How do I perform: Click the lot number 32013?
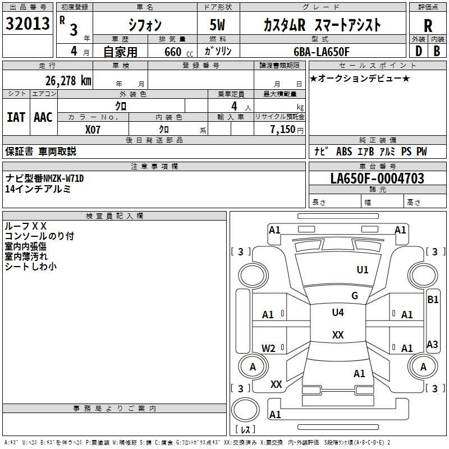click(x=28, y=24)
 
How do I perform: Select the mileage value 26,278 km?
click(x=68, y=81)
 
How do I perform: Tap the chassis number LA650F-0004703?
click(x=377, y=178)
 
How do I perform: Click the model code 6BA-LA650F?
click(x=322, y=52)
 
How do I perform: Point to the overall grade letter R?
click(x=428, y=26)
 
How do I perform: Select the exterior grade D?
click(x=419, y=51)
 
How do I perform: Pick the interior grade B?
click(x=437, y=51)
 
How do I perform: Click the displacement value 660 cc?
click(x=178, y=52)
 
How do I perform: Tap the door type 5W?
click(x=217, y=25)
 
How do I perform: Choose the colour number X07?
click(x=93, y=130)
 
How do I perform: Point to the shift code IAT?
click(x=16, y=117)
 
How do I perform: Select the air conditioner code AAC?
click(x=43, y=117)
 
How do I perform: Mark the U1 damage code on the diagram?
click(x=363, y=270)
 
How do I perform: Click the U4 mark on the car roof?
click(x=338, y=312)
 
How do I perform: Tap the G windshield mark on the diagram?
click(x=355, y=296)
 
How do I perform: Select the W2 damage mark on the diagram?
click(x=268, y=348)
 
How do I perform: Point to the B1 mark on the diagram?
click(x=433, y=300)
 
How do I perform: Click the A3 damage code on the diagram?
click(x=432, y=344)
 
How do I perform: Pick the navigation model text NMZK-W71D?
click(x=63, y=178)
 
